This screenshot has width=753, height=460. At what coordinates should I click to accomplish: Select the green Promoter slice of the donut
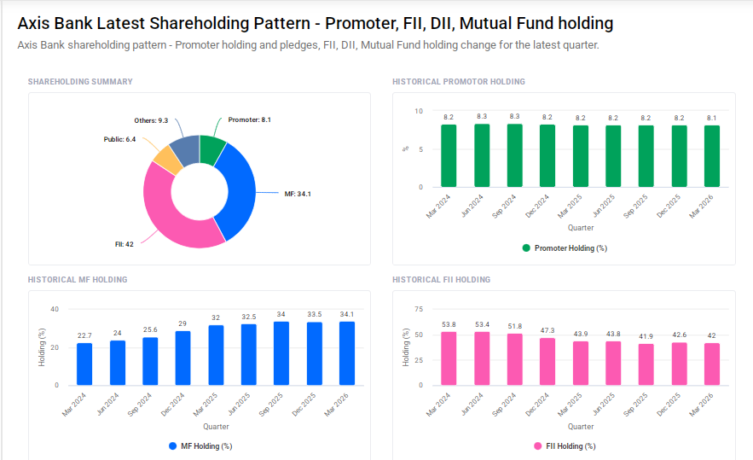[211, 148]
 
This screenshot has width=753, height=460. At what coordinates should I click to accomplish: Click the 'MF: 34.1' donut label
[297, 194]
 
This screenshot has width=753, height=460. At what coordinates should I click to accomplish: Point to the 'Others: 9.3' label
[151, 120]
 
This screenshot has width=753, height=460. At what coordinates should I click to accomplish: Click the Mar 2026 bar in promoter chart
[712, 157]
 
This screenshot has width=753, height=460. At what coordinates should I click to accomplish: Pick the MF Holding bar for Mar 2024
[84, 364]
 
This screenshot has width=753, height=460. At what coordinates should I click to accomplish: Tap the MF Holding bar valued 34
[281, 353]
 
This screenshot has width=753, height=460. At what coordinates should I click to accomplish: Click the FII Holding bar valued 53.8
[449, 358]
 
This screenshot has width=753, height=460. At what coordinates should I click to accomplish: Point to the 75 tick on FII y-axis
[418, 309]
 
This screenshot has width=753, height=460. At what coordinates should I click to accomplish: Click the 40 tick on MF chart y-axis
[54, 309]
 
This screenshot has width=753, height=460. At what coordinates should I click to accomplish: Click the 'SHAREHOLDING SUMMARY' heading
[80, 82]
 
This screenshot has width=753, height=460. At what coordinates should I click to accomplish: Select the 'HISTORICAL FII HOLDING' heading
[441, 280]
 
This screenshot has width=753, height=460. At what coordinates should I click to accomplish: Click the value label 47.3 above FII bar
[547, 330]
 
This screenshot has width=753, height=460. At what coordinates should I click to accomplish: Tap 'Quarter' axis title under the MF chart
[216, 427]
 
